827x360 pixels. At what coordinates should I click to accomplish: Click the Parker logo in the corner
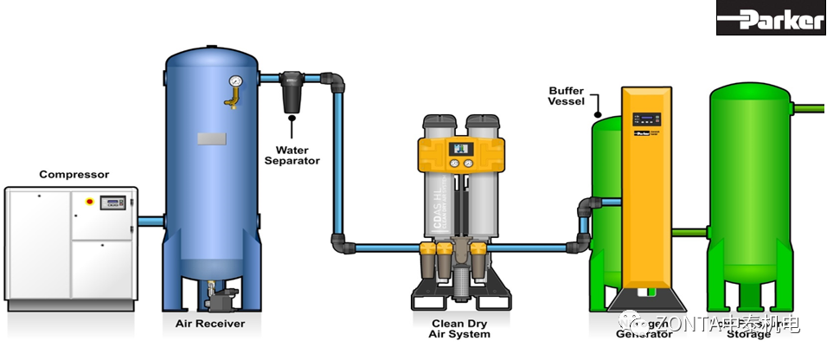771,18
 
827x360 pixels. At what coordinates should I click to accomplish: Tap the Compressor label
74,174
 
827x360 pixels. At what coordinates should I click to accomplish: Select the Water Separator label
292,155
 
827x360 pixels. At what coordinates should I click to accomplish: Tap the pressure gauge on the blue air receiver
234,83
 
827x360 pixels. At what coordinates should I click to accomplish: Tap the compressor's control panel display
112,202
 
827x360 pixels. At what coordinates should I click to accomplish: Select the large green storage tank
749,199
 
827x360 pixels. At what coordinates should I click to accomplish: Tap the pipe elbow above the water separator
337,83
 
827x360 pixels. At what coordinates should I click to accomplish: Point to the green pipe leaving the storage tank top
810,109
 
